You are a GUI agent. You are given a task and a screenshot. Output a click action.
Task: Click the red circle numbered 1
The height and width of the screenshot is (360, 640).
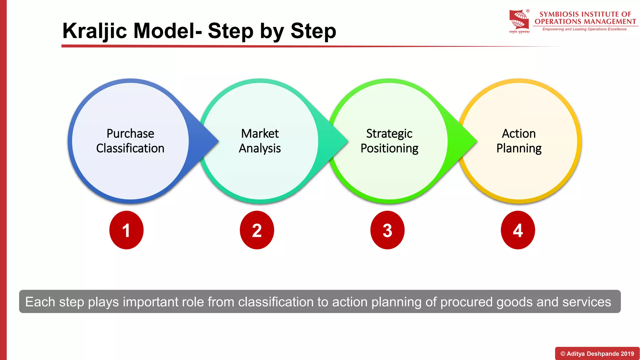point(126,230)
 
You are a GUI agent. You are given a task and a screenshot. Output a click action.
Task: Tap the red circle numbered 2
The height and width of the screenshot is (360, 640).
point(257,230)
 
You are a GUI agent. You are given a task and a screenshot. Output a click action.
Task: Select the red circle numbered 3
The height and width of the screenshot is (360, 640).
point(387,230)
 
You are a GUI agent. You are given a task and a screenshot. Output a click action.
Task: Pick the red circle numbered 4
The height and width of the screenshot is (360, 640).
point(518,230)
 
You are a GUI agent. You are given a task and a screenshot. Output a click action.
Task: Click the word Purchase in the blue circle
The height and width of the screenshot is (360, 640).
point(130,134)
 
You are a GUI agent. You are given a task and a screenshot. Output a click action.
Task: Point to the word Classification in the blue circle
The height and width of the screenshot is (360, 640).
point(130,148)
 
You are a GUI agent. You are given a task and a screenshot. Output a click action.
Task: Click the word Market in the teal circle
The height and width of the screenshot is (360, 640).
point(260,133)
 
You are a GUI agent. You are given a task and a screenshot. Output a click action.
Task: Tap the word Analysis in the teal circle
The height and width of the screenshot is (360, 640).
point(260,148)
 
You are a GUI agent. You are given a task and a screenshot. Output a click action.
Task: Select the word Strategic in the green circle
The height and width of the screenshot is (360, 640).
point(389,134)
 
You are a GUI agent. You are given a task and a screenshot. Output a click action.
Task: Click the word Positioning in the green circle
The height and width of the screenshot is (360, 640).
point(389,148)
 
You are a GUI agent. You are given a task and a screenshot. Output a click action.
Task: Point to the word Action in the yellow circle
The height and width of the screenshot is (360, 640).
point(519,133)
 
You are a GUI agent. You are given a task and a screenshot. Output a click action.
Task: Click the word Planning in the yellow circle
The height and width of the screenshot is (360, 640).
point(519,148)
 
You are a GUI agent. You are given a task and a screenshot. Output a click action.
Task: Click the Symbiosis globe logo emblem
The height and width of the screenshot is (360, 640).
point(519,20)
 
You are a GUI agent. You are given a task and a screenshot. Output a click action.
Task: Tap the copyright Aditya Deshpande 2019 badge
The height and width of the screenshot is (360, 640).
point(597,353)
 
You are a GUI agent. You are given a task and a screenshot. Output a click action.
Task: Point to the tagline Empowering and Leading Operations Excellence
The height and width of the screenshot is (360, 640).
point(584,29)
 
